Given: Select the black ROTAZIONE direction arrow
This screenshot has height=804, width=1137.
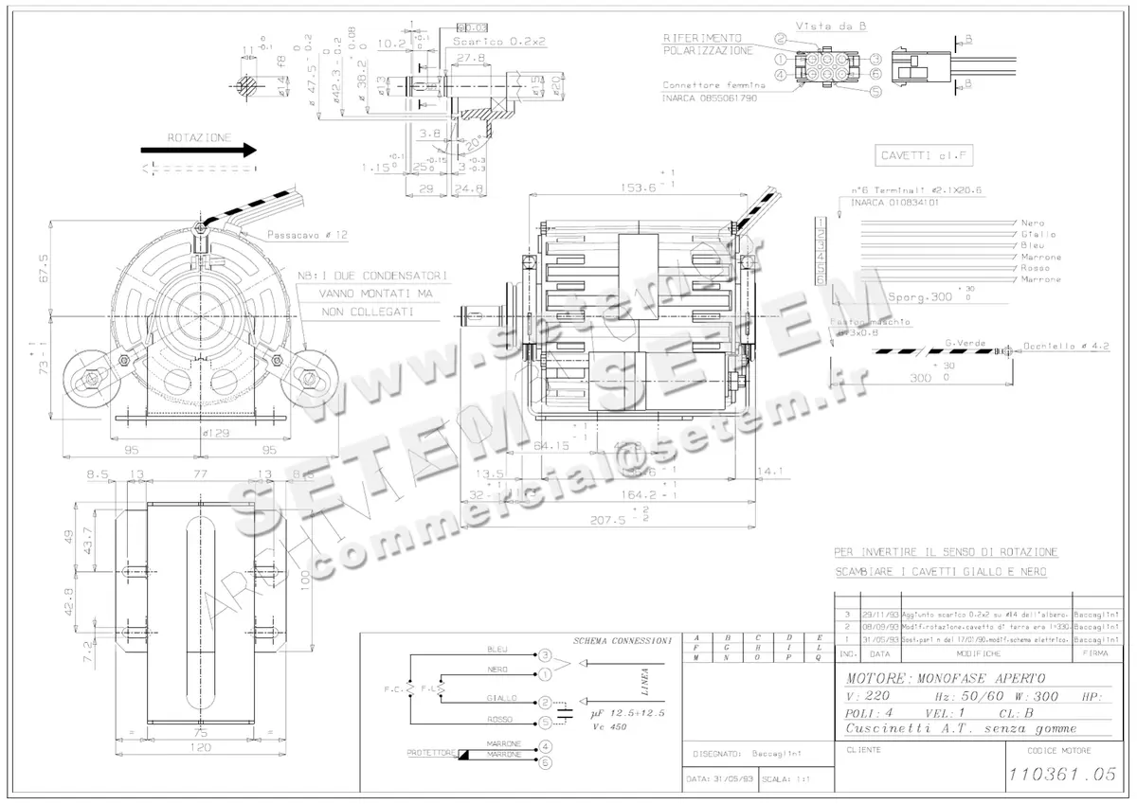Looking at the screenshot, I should coord(199,150).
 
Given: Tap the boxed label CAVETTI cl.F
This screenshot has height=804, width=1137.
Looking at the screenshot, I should coord(912,156).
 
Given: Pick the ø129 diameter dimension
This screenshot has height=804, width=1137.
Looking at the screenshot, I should coord(218,433).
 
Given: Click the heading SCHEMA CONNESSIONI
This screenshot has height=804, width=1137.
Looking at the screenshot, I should coord(622,641).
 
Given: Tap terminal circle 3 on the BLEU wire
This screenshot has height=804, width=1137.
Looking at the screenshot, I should coord(545,654).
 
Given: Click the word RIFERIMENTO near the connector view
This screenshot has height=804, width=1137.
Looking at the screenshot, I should coord(702,38).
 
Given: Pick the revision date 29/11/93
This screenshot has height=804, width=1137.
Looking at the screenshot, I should coord(879,614).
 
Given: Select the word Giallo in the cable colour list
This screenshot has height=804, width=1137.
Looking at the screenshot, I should coord(1038,234).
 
